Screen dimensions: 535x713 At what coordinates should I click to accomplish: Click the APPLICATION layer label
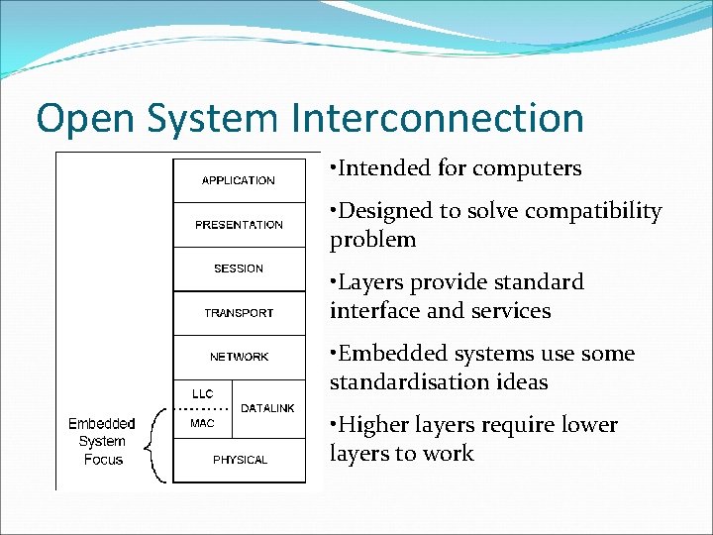(x=239, y=180)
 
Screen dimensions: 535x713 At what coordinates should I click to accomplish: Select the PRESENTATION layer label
(x=239, y=225)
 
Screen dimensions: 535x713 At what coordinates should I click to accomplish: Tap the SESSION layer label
(x=239, y=268)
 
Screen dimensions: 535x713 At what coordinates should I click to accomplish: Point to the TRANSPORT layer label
(x=239, y=313)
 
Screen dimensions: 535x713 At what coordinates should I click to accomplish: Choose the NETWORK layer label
(x=239, y=357)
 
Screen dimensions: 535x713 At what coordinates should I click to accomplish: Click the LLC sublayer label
(x=202, y=394)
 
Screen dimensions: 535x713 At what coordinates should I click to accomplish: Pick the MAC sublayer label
(x=202, y=423)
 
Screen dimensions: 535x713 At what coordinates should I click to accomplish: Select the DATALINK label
(x=267, y=408)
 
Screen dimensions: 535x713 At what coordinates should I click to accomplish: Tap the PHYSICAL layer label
(x=240, y=460)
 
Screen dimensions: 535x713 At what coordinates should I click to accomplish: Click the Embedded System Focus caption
(x=102, y=442)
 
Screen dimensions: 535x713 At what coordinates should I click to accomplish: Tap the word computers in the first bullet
(x=527, y=168)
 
